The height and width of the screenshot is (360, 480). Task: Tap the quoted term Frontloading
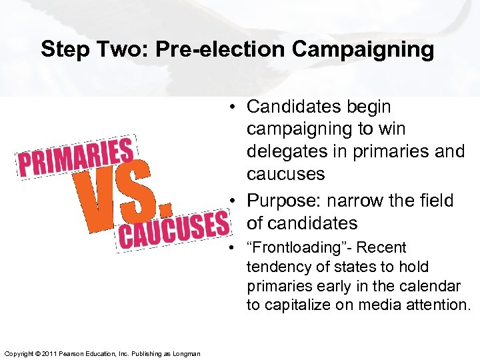coord(304,248)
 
